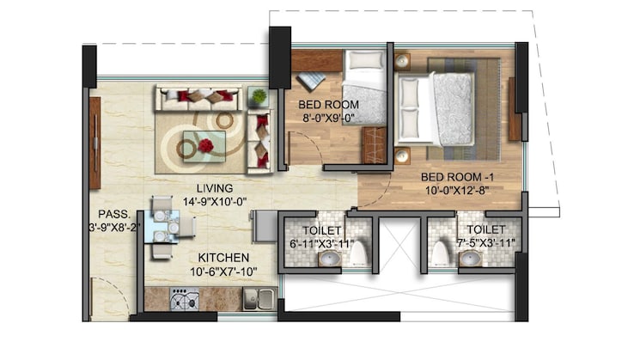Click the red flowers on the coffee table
click(206, 146)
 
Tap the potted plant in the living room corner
click(258, 97)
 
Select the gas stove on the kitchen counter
click(184, 299)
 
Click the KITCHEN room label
click(223, 258)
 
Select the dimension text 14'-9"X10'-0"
click(215, 202)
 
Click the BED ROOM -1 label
click(454, 178)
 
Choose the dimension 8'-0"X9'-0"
click(328, 120)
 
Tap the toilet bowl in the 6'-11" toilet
click(359, 253)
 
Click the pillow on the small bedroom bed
click(364, 61)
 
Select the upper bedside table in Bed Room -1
click(402, 62)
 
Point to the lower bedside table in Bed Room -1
click(402, 155)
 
